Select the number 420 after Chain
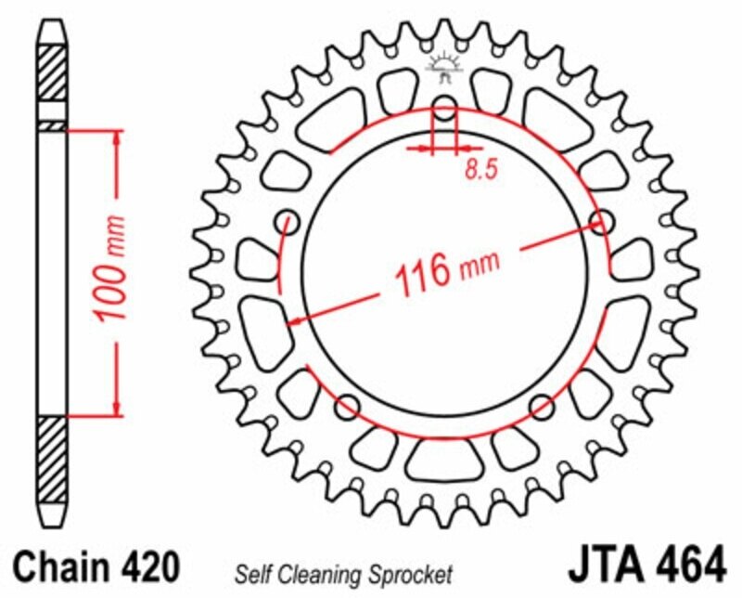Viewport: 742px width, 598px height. pos(144,565)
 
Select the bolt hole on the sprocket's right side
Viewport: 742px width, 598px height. pos(602,223)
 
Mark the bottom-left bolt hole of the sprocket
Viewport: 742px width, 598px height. pos(349,405)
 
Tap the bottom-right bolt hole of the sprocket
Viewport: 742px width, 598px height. pos(543,405)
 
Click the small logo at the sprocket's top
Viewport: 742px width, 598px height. pos(445,59)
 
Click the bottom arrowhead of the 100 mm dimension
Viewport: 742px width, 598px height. pos(117,408)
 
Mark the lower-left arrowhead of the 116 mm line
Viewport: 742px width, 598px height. pos(295,321)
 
